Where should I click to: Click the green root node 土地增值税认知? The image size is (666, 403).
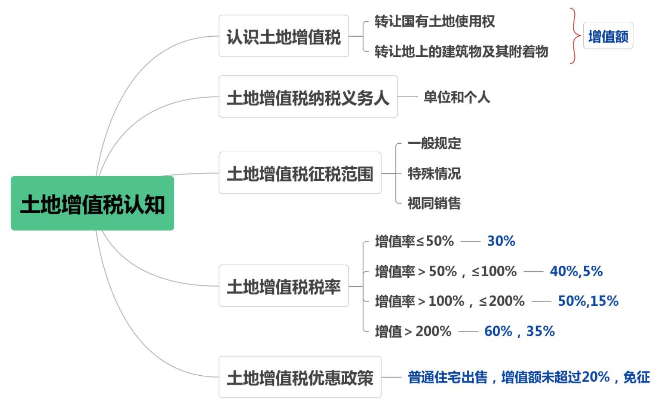92,203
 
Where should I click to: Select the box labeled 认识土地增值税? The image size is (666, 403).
283,36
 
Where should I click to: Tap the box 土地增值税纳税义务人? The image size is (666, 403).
308,97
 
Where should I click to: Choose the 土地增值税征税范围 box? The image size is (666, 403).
300,173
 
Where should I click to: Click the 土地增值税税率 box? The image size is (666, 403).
283,286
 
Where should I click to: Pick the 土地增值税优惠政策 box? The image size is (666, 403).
300,377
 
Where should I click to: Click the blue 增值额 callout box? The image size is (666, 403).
608,36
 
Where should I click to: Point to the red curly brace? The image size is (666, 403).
575,36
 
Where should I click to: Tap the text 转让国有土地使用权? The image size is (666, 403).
435,21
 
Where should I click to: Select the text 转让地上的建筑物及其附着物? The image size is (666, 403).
461,52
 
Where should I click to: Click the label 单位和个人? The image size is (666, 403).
456,97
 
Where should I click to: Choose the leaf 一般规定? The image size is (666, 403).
434,143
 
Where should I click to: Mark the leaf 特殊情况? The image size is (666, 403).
434,174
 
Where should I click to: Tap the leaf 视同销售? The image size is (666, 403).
434,203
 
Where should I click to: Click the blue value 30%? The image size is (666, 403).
501,241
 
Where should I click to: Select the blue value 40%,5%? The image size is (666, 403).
576,271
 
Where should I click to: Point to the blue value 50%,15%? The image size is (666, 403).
588,301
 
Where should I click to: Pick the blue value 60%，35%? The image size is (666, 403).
519,331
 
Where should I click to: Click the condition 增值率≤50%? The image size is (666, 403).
414,241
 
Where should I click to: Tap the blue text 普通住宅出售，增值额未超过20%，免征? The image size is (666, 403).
529,377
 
